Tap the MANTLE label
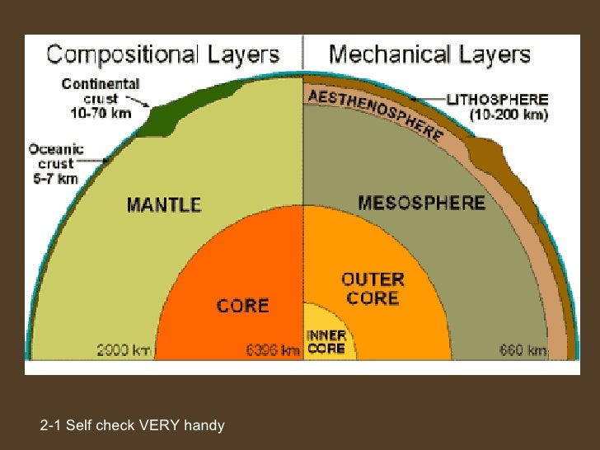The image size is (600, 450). [164, 204]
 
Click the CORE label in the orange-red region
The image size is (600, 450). [242, 305]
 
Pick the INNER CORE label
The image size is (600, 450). [326, 342]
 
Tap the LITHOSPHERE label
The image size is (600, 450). [496, 100]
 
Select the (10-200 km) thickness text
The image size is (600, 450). [509, 116]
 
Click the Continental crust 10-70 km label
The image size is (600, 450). [100, 97]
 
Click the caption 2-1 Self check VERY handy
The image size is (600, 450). [132, 425]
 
